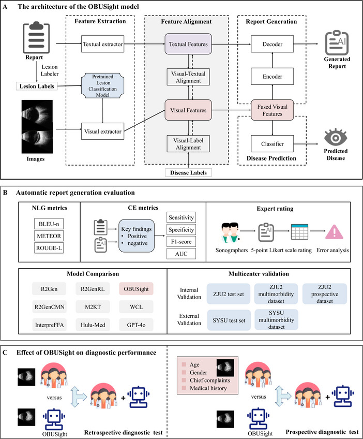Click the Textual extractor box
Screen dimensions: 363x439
coord(102,44)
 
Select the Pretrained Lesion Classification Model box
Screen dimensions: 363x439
coord(102,85)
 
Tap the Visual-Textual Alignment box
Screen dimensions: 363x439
coord(188,77)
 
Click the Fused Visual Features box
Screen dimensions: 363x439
coord(273,110)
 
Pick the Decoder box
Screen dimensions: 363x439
coord(273,44)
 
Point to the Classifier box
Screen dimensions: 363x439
coord(273,144)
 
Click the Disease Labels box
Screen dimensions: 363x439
coord(188,172)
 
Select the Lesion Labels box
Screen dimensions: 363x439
coord(37,86)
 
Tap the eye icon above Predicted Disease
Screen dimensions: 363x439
coord(336,137)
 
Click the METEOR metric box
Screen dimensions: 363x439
coord(49,236)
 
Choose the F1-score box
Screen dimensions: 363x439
coord(181,242)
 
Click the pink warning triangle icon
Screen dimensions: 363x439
coord(334,232)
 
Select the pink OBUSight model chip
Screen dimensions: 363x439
coord(136,289)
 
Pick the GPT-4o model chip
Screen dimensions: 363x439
coord(136,325)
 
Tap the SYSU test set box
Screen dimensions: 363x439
coord(229,320)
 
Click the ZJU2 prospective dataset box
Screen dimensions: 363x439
coord(325,294)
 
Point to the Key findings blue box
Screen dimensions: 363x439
coord(137,236)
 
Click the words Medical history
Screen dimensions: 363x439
coord(208,388)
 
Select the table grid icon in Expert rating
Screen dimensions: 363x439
coord(299,232)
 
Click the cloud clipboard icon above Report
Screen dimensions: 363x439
coord(36,37)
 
